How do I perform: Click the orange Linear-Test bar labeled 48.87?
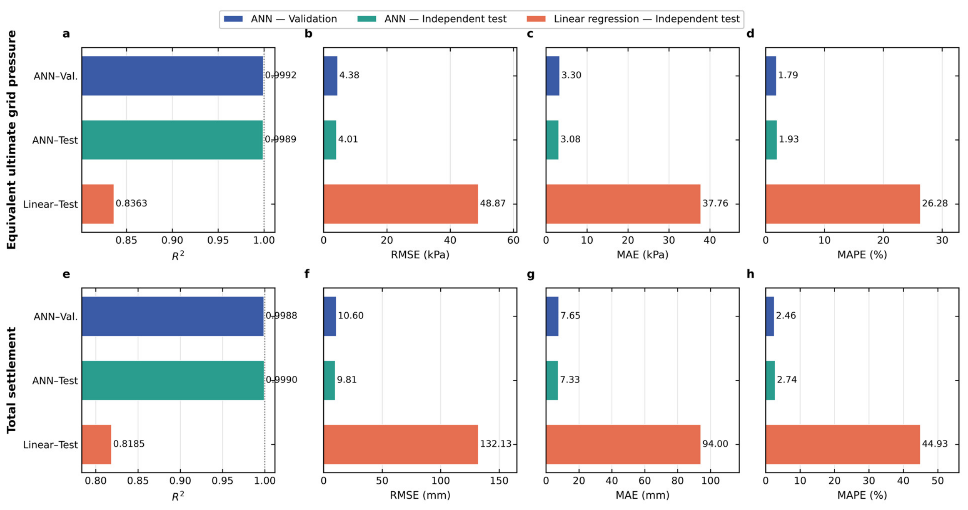(401, 204)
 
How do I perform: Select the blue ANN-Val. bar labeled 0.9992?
(172, 76)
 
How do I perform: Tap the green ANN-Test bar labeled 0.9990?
(173, 380)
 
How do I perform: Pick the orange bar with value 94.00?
(623, 445)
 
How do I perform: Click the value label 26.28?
(935, 203)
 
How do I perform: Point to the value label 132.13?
(496, 444)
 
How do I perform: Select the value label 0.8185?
(129, 444)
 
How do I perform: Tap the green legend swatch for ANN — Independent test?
(367, 19)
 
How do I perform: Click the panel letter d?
(751, 33)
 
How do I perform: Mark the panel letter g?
(531, 275)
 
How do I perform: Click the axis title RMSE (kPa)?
(420, 255)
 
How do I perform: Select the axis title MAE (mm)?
(642, 495)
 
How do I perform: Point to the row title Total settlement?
(11, 380)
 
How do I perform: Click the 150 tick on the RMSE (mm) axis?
(499, 481)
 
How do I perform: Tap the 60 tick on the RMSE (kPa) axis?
(513, 241)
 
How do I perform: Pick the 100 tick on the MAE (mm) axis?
(711, 481)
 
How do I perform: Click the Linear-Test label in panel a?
(50, 204)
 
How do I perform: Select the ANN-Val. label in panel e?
(56, 317)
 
